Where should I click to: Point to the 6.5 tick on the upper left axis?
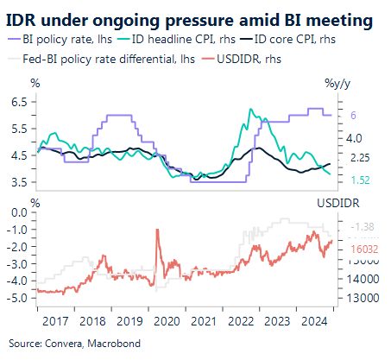pyautogui.click(x=18, y=102)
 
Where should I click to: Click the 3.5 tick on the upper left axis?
pyautogui.click(x=18, y=182)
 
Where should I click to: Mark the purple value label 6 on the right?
pyautogui.click(x=353, y=116)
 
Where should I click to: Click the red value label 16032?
pyautogui.click(x=363, y=247)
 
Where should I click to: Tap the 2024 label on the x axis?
pyautogui.click(x=313, y=320)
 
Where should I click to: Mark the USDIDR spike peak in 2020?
pyautogui.click(x=157, y=230)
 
